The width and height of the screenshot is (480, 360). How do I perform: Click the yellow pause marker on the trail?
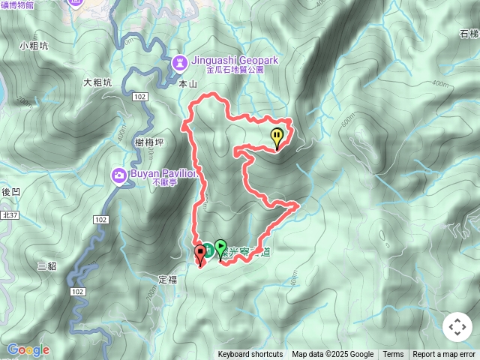pyautogui.click(x=277, y=137)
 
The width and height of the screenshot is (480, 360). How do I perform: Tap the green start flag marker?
pyautogui.click(x=220, y=247)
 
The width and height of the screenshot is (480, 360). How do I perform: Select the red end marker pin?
pyautogui.click(x=200, y=253)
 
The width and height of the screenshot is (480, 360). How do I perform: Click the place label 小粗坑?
pyautogui.click(x=34, y=46)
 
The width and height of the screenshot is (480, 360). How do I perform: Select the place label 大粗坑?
pyautogui.click(x=97, y=82)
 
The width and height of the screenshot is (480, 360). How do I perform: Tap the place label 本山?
pyautogui.click(x=187, y=85)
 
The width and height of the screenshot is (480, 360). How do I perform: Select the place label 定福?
pyautogui.click(x=168, y=279)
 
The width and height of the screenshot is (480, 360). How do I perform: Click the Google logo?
pyautogui.click(x=28, y=349)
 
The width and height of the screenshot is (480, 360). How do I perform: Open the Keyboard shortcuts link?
pyautogui.click(x=250, y=355)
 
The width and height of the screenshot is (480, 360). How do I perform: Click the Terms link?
pyautogui.click(x=393, y=355)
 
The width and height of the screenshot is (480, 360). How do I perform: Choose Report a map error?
pyautogui.click(x=444, y=355)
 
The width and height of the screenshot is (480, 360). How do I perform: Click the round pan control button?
pyautogui.click(x=457, y=327)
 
